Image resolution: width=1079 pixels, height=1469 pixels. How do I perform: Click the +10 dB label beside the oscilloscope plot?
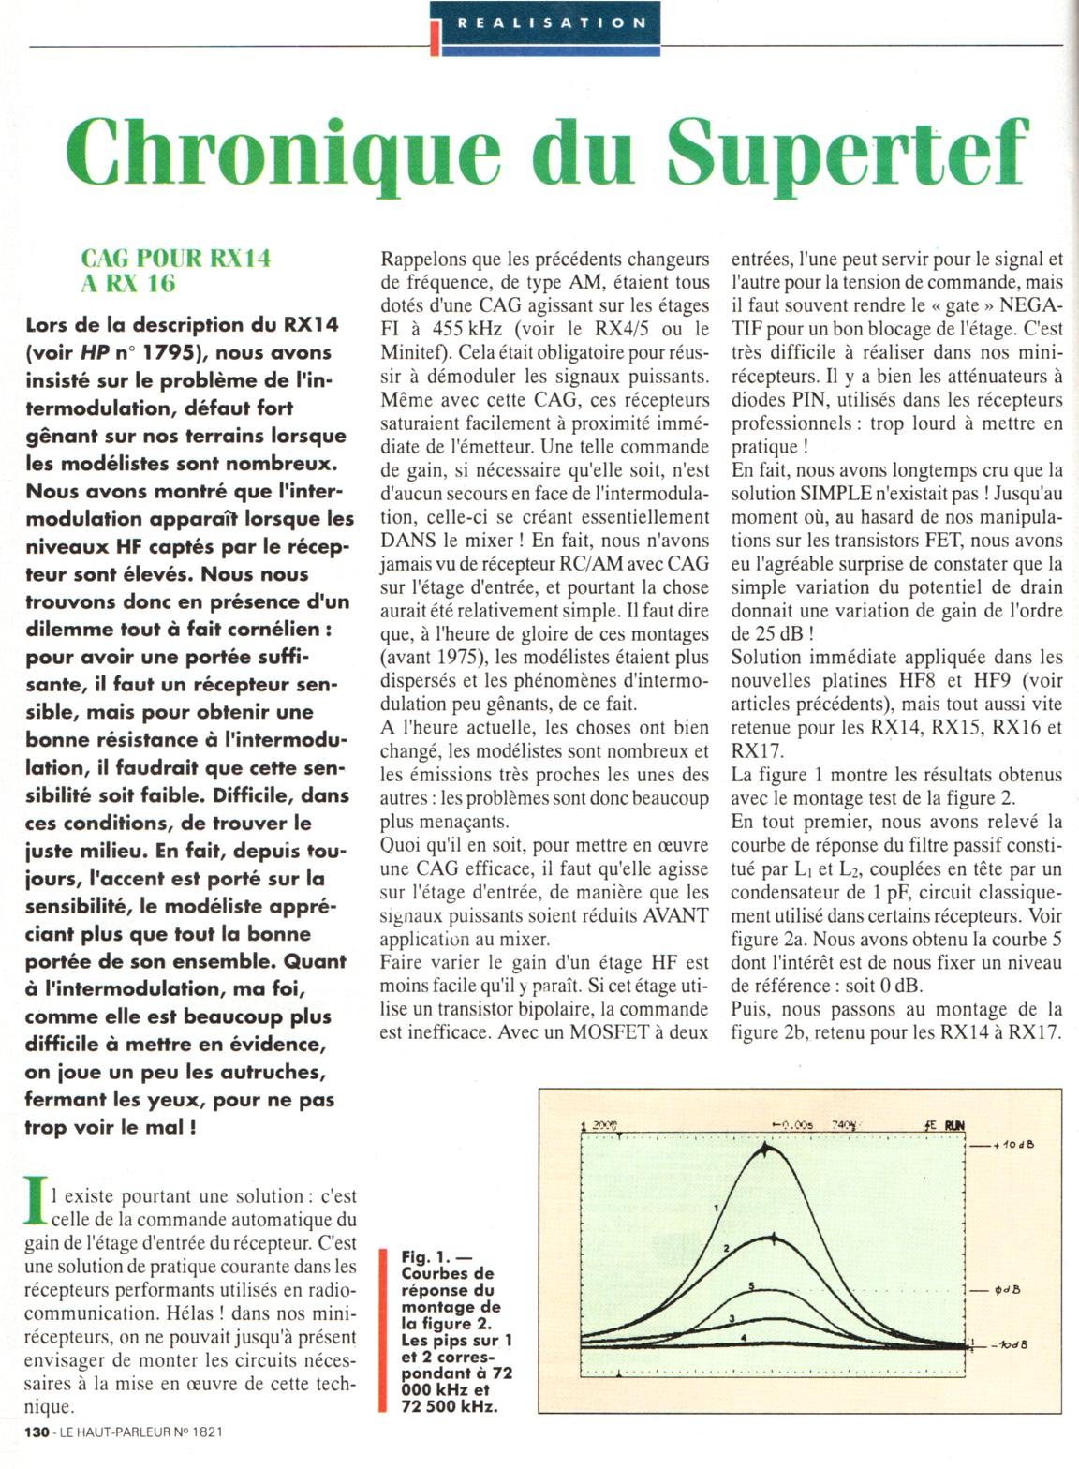click(1015, 1146)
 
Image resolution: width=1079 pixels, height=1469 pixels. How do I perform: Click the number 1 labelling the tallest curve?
click(716, 1208)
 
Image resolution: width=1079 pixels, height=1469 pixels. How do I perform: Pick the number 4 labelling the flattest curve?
click(743, 1338)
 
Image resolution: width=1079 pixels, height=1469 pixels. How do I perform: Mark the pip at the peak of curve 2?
click(774, 1238)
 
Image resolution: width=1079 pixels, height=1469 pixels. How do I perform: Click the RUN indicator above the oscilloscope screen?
click(954, 1126)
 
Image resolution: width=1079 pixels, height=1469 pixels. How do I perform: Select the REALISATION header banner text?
click(552, 22)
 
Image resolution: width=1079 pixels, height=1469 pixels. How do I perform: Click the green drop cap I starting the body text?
click(36, 1202)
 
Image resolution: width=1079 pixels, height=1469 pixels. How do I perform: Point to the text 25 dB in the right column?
click(766, 634)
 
